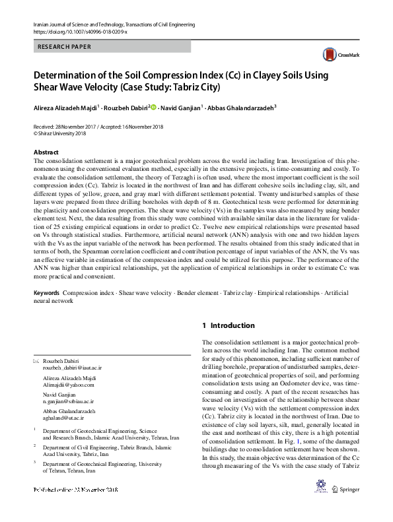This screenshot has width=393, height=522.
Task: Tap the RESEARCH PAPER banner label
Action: pos(63,48)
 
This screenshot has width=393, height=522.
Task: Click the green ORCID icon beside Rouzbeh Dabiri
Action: pos(153,107)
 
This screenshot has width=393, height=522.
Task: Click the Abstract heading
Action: pos(46,152)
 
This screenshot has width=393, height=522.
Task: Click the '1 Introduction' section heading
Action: pos(228,325)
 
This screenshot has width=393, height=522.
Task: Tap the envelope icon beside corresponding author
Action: pos(36,361)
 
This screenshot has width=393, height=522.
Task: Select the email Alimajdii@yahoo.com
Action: pos(65,384)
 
